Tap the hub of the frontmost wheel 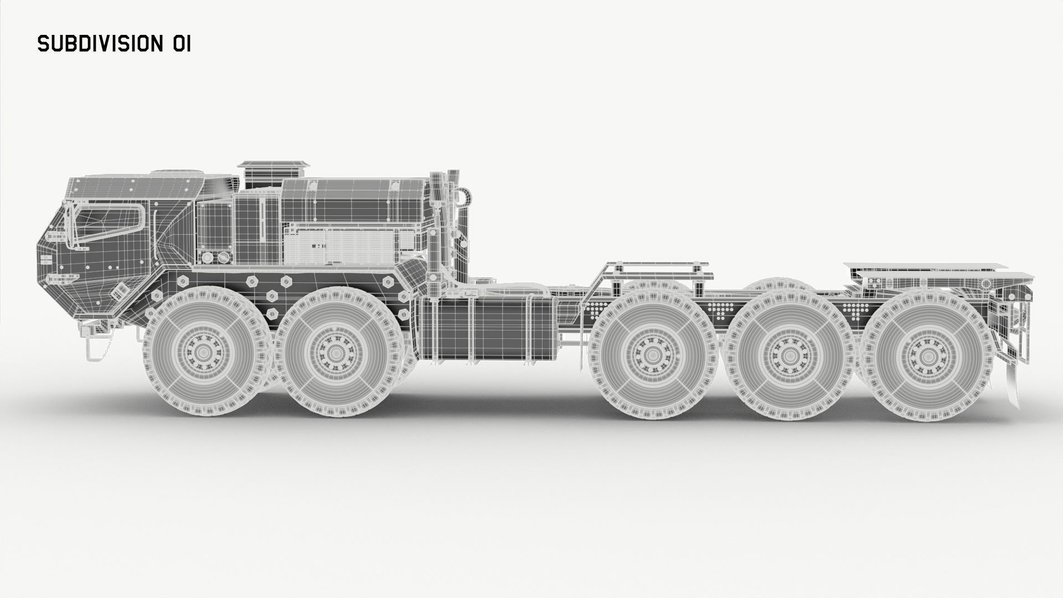point(203,353)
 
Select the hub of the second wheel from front point(334,353)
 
